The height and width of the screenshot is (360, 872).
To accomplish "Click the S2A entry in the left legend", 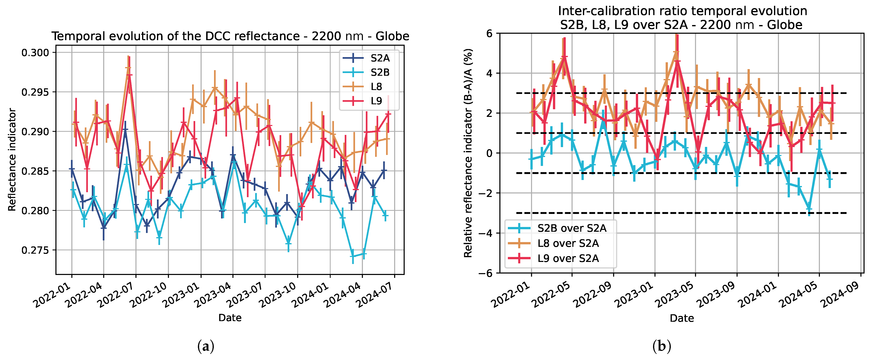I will (379, 58).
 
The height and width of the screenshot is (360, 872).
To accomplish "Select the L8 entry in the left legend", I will (376, 87).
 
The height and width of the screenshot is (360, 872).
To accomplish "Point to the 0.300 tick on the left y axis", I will (35, 53).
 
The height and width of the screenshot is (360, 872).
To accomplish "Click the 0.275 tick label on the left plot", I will (35, 250).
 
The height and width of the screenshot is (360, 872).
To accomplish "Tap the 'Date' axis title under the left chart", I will (230, 318).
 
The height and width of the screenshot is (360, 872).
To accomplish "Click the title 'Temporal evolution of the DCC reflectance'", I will (230, 36).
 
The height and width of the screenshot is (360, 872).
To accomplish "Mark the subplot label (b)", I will (661, 347).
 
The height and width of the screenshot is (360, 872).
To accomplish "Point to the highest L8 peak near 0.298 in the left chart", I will (128, 68).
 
